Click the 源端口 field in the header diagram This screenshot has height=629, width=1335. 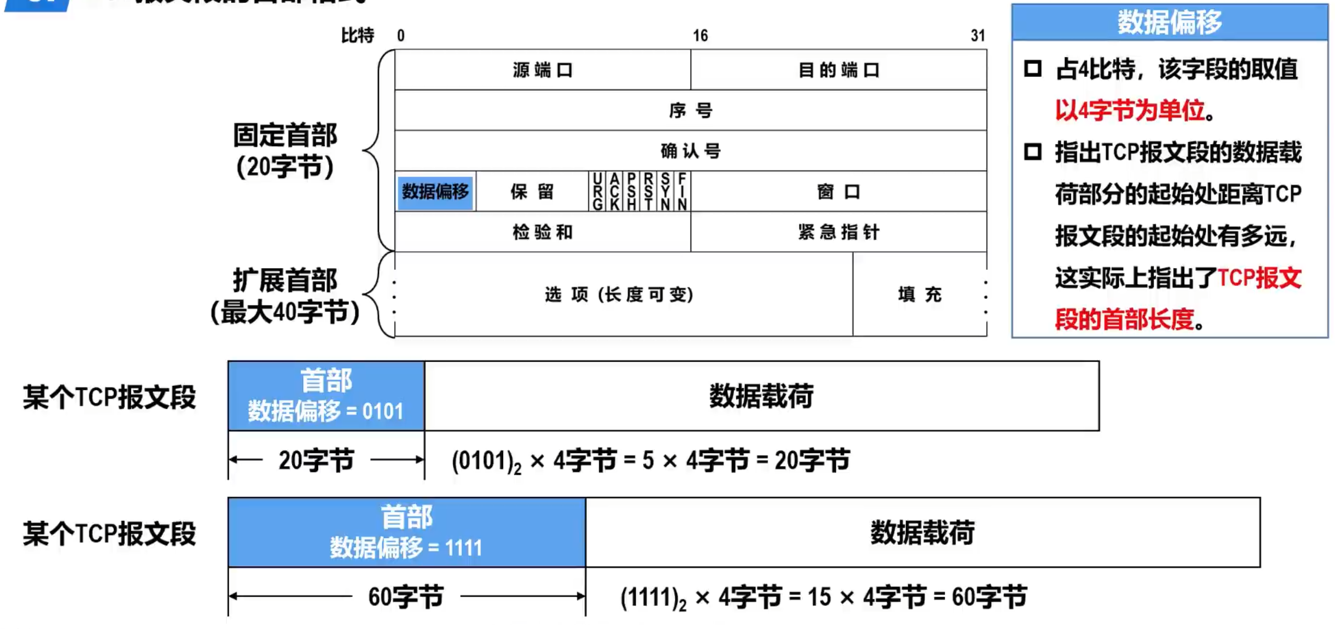[542, 70]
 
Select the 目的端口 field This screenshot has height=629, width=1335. [838, 70]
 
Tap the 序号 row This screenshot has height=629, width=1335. [690, 110]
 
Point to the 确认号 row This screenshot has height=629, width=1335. [690, 151]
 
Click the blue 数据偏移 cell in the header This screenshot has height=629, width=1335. [435, 192]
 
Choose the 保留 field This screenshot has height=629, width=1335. [531, 192]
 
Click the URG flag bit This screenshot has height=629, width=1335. [597, 192]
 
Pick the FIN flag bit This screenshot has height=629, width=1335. [682, 192]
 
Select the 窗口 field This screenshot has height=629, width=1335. [838, 192]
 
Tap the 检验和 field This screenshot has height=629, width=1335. [542, 232]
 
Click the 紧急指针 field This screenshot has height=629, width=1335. [838, 232]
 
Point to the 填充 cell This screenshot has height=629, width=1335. [919, 294]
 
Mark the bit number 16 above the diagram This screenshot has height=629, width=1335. [700, 36]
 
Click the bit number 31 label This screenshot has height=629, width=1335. [978, 36]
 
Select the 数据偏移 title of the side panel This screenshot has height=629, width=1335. [1170, 22]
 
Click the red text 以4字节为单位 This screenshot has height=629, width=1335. [1130, 110]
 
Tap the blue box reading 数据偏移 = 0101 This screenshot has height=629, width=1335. [326, 396]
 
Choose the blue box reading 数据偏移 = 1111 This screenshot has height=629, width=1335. [406, 532]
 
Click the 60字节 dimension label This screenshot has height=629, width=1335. [406, 597]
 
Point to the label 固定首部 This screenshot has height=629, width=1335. [285, 135]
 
